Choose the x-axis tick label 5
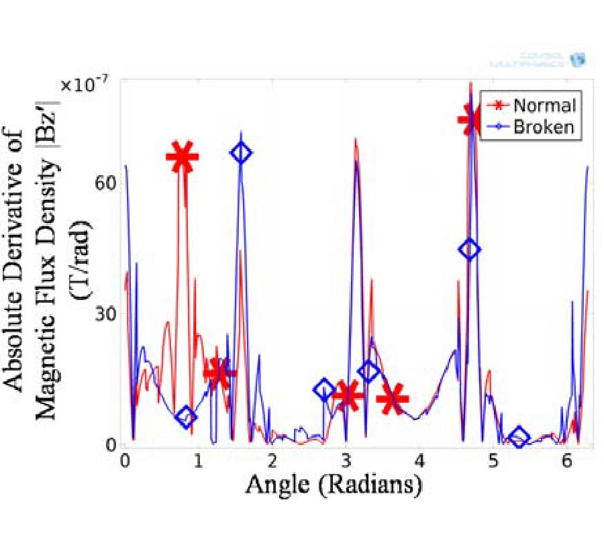493,462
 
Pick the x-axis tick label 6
566,462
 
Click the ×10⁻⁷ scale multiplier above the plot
84,85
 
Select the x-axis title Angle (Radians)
333,485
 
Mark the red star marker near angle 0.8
182,157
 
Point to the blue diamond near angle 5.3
518,438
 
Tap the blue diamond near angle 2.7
324,389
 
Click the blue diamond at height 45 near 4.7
470,249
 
